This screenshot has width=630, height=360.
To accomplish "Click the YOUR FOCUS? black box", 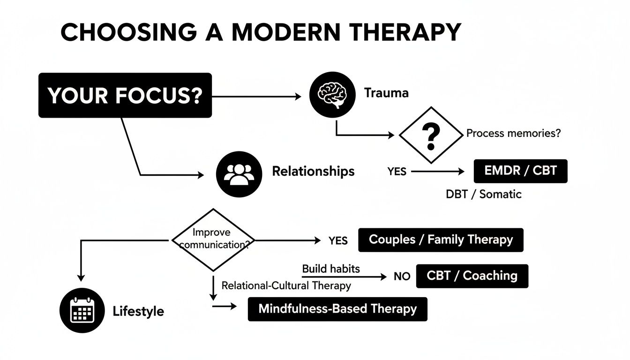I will click(125, 95).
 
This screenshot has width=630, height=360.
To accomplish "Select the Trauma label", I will click(386, 93).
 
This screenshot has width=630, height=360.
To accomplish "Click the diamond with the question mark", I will click(430, 135).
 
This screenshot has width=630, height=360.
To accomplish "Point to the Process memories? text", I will click(513, 133).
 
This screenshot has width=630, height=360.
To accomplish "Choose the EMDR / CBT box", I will click(520, 171).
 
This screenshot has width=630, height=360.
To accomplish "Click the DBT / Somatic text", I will click(483, 194).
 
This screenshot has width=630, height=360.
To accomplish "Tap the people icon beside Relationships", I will click(239, 174).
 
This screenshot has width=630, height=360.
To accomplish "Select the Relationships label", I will click(313, 171).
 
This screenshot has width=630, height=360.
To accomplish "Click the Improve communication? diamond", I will click(213, 240).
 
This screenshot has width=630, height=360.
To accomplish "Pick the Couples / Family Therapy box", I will click(441, 240).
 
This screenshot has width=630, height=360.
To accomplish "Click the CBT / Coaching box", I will click(472, 276).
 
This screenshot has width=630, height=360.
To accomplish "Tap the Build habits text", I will click(331, 269).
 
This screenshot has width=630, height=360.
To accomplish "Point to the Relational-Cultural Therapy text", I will click(286, 285).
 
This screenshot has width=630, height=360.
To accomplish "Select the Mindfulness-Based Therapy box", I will click(337, 309).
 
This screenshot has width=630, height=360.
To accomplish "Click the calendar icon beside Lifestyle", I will click(82, 310).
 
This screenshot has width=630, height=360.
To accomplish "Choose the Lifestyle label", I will click(138, 311).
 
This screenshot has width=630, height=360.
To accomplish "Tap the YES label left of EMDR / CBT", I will click(397, 172).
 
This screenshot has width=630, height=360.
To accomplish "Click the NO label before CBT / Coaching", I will click(402, 277).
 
